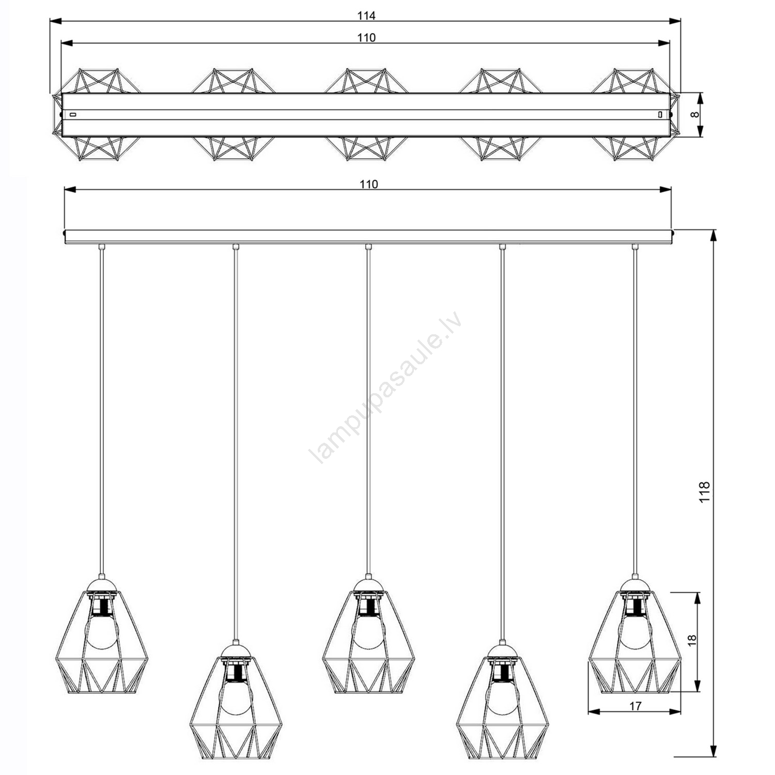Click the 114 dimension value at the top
point(366,16)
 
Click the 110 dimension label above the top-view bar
point(366,38)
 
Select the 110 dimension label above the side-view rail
point(368,184)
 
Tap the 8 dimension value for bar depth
point(695,115)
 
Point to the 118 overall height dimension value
point(705,491)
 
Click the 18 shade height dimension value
point(692,640)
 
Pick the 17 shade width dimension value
point(636,706)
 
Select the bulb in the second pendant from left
point(236,698)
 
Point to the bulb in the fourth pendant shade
point(502,698)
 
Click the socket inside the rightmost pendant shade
point(635,603)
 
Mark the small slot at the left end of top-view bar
point(73,114)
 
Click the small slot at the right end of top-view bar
point(660,114)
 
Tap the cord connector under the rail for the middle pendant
point(368,246)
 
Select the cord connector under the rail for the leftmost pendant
point(102,246)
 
